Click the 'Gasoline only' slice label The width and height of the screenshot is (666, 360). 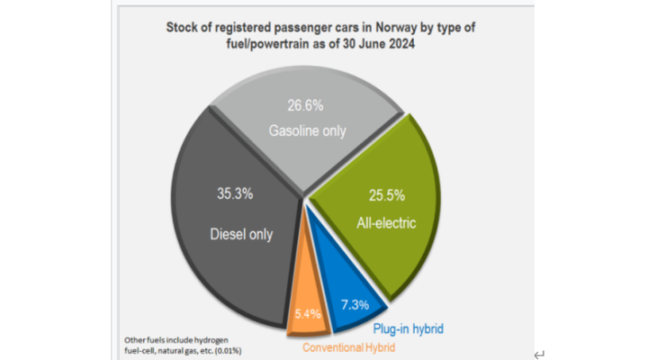[307, 131]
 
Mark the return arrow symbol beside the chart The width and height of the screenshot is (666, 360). [539, 354]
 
